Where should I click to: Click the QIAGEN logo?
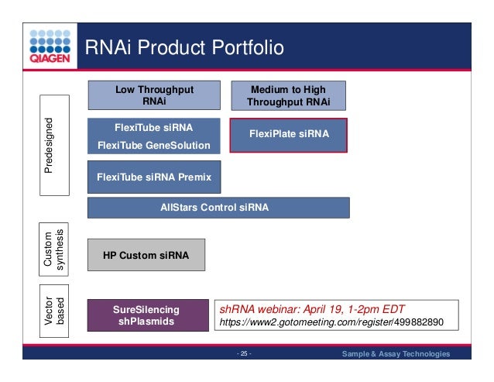50,47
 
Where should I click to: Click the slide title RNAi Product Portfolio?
184,49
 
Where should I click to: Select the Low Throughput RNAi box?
154,95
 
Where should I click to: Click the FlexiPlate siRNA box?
289,134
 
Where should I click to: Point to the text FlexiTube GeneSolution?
153,145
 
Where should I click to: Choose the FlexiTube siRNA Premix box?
153,177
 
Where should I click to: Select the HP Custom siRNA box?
146,254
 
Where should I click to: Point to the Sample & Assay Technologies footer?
396,355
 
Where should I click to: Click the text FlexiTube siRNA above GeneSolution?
153,128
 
